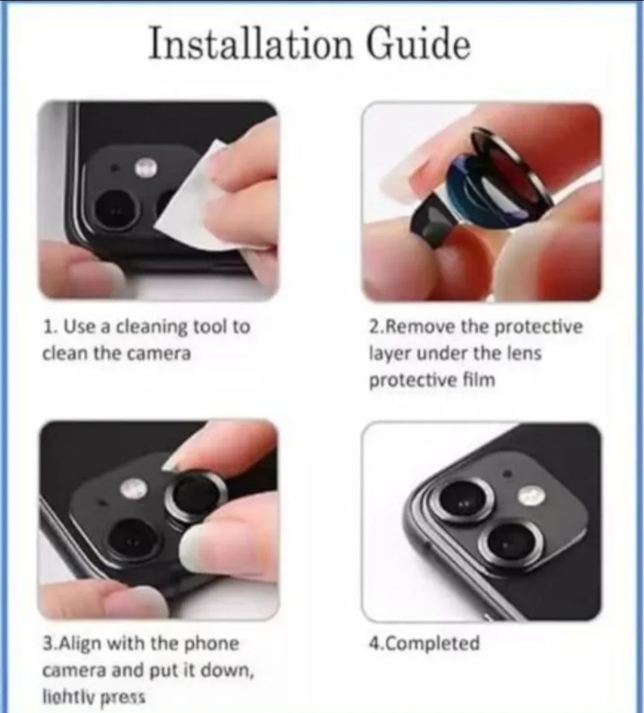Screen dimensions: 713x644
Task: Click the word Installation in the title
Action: (x=251, y=45)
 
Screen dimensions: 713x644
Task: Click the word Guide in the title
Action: (x=418, y=45)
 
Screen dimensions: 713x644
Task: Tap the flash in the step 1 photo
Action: (x=145, y=167)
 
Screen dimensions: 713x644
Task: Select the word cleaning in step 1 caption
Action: (x=151, y=327)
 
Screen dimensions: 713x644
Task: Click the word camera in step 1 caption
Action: (x=158, y=354)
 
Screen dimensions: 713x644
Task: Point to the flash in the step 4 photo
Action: (x=529, y=495)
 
